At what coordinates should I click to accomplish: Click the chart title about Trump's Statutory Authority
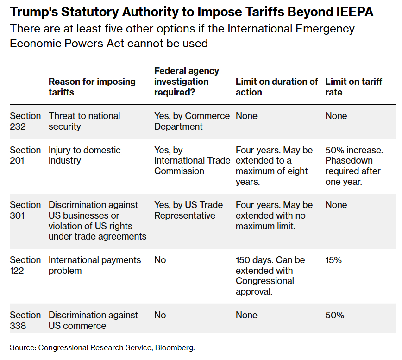pos(192,12)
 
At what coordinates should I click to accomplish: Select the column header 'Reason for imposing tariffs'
pos(92,87)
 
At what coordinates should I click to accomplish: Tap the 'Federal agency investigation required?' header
pos(187,82)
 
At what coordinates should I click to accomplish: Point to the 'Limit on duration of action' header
pos(276,87)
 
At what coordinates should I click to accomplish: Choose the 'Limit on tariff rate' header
pos(353,87)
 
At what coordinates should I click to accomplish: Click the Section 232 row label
pos(25,121)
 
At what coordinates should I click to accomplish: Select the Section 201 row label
pos(25,155)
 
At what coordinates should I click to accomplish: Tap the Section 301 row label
pos(25,210)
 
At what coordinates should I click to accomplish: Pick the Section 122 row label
pos(25,265)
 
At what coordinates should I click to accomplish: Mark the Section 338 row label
pos(25,320)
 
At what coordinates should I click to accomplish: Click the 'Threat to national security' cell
pos(84,121)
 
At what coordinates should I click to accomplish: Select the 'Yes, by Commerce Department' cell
pos(192,121)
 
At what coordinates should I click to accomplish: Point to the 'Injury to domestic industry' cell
pos(84,155)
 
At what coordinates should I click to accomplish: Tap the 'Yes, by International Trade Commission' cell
pos(192,160)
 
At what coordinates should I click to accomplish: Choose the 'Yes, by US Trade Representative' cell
pos(188,210)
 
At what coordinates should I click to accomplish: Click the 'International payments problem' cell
pos(94,265)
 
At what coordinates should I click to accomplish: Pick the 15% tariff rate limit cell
pos(333,260)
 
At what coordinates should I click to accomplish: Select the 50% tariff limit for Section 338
pos(334,315)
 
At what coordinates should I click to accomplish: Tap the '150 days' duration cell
pos(270,275)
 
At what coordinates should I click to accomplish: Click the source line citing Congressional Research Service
pos(102,347)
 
